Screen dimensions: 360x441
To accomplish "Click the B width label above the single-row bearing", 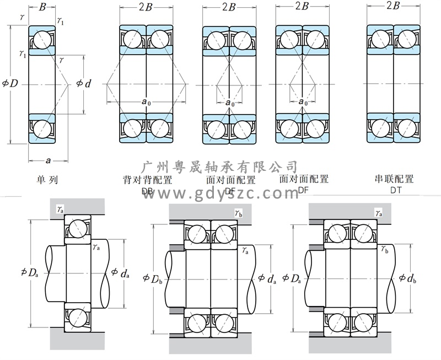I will pos(42,7).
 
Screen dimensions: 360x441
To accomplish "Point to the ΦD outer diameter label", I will pos(10,84).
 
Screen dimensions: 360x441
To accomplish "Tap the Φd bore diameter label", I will pos(83,84).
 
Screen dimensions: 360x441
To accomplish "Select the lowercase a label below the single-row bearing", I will pos(48,161).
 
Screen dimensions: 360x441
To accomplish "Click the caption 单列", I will pos(47,180).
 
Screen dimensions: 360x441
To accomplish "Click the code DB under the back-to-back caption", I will pos(147,191).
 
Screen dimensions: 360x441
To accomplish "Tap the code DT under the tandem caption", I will pos(395,190).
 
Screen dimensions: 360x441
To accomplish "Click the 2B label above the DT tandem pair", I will pos(393,6).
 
